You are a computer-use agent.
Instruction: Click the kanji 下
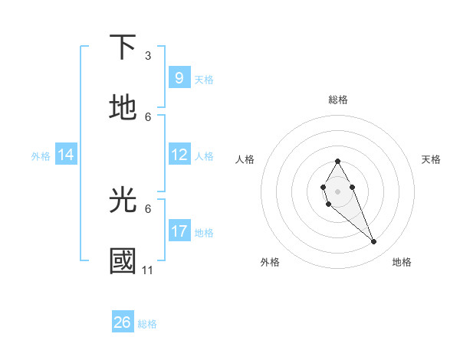click(123, 47)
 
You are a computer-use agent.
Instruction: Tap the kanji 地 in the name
click(123, 109)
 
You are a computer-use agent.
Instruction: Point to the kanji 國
click(123, 261)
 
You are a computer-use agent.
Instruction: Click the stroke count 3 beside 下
click(148, 56)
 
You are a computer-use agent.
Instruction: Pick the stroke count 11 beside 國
click(148, 270)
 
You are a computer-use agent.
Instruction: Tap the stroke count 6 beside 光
click(148, 208)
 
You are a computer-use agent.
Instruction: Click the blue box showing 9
click(179, 78)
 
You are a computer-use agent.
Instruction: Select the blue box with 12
click(179, 155)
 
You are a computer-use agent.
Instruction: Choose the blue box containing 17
click(179, 231)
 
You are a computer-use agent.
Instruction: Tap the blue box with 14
click(66, 155)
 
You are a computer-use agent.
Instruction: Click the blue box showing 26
click(123, 323)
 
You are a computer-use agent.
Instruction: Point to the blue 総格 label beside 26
click(147, 324)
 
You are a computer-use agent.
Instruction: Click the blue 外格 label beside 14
click(41, 156)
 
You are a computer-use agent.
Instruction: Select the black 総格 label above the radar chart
click(338, 100)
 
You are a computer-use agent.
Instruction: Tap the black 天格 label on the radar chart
click(431, 159)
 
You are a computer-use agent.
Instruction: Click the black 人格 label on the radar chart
click(245, 159)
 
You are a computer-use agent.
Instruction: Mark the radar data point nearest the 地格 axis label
click(374, 242)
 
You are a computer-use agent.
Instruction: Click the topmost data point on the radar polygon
click(337, 161)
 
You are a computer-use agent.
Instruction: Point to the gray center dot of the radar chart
click(337, 191)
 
